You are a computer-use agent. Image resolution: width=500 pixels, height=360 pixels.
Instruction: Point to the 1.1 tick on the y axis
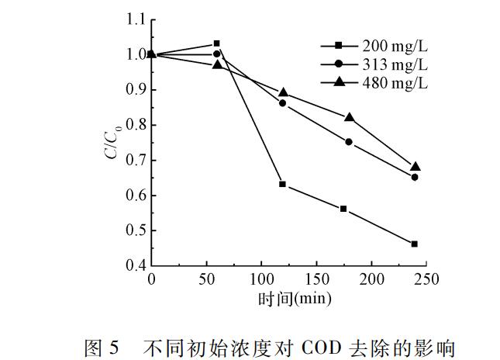[x=136, y=19]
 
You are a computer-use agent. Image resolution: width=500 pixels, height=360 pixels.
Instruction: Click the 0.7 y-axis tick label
[x=136, y=161]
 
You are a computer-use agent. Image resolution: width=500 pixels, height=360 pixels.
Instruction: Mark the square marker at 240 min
[x=415, y=244]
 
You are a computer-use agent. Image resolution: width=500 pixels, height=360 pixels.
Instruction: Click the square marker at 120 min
[x=283, y=184]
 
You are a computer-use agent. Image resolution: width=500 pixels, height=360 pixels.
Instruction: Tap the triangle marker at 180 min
[x=350, y=117]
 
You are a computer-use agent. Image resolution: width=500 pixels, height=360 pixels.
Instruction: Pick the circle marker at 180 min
[x=349, y=142]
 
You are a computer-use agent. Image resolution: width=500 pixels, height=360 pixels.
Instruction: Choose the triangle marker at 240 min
[x=416, y=166]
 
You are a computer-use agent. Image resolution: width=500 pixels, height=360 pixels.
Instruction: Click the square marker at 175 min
[x=343, y=209]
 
